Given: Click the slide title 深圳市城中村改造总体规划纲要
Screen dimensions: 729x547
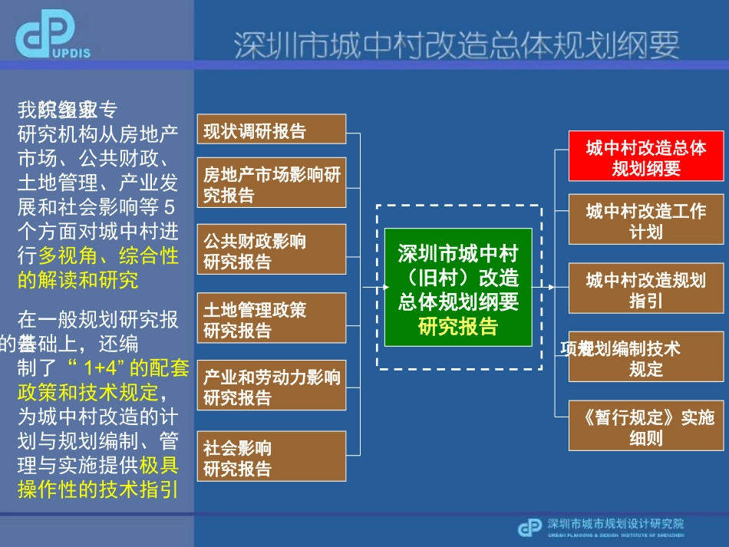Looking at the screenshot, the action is [x=456, y=44].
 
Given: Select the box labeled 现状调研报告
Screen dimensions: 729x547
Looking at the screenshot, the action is [x=271, y=130].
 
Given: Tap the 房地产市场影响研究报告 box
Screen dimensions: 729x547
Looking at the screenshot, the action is [x=271, y=185].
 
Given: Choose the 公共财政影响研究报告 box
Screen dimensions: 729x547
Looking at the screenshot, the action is [x=271, y=252].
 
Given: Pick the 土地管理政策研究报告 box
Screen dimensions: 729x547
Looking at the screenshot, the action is [x=271, y=320].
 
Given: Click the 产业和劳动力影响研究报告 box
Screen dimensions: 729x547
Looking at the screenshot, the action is [x=271, y=387].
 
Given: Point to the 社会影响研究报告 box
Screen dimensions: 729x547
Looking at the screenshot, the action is [x=271, y=458].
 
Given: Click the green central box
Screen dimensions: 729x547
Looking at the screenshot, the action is [x=458, y=287].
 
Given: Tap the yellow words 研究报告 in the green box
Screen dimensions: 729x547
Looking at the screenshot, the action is [x=458, y=328].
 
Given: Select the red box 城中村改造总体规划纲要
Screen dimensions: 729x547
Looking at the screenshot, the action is [x=645, y=157].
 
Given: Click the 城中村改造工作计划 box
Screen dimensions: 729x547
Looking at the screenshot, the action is [x=645, y=220].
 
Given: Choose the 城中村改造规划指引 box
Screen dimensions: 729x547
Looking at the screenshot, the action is [x=645, y=288].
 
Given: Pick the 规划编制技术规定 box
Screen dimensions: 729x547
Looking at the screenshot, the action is [x=645, y=358].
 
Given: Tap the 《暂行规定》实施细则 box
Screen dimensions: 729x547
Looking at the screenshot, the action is [x=645, y=427].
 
